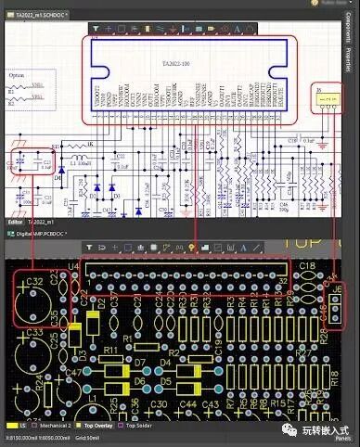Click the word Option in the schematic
pyautogui.click(x=16, y=74)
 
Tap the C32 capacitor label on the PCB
pyautogui.click(x=34, y=281)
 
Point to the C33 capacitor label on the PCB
pyautogui.click(x=34, y=331)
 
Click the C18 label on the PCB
pyautogui.click(x=305, y=267)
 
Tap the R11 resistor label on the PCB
pyautogui.click(x=109, y=351)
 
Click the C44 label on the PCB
pyautogui.click(x=186, y=405)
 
